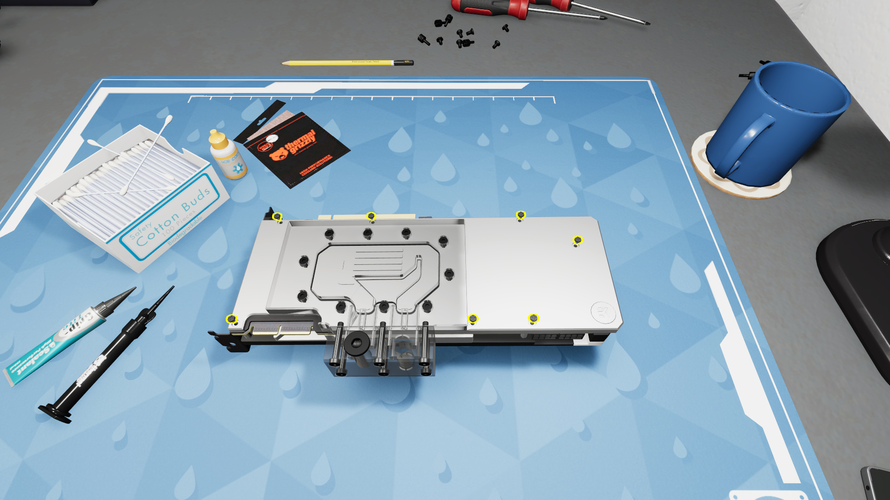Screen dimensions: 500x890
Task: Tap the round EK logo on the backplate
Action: click(603, 312)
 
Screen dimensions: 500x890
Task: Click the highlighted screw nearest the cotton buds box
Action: click(277, 216)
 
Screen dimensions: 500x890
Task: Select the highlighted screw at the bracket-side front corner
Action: click(231, 319)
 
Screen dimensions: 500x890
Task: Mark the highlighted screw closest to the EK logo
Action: click(534, 318)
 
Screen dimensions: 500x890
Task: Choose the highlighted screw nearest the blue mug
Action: click(578, 240)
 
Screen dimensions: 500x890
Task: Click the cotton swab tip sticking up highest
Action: click(168, 119)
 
